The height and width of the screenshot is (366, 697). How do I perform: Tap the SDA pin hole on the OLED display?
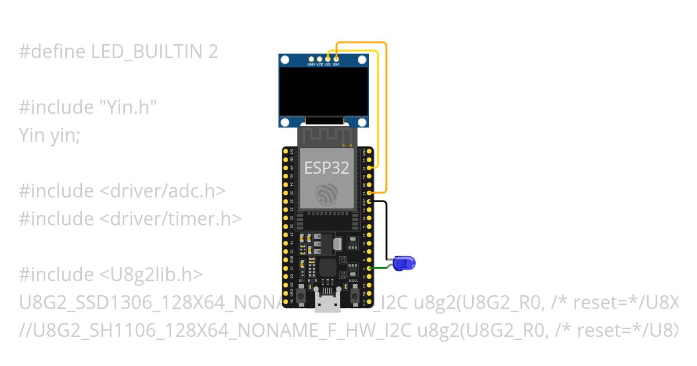click(336, 59)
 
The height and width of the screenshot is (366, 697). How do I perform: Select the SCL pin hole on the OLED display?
click(328, 59)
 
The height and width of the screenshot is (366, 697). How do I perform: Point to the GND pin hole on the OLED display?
click(311, 59)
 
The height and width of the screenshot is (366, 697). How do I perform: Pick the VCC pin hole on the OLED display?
click(319, 59)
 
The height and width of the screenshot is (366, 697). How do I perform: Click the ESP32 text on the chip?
click(327, 168)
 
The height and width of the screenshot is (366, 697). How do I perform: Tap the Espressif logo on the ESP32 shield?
click(327, 193)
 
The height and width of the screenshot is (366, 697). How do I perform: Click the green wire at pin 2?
click(380, 268)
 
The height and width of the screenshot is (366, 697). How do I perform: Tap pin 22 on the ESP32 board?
click(372, 168)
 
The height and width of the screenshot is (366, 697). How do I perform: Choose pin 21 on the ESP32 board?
click(372, 192)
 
